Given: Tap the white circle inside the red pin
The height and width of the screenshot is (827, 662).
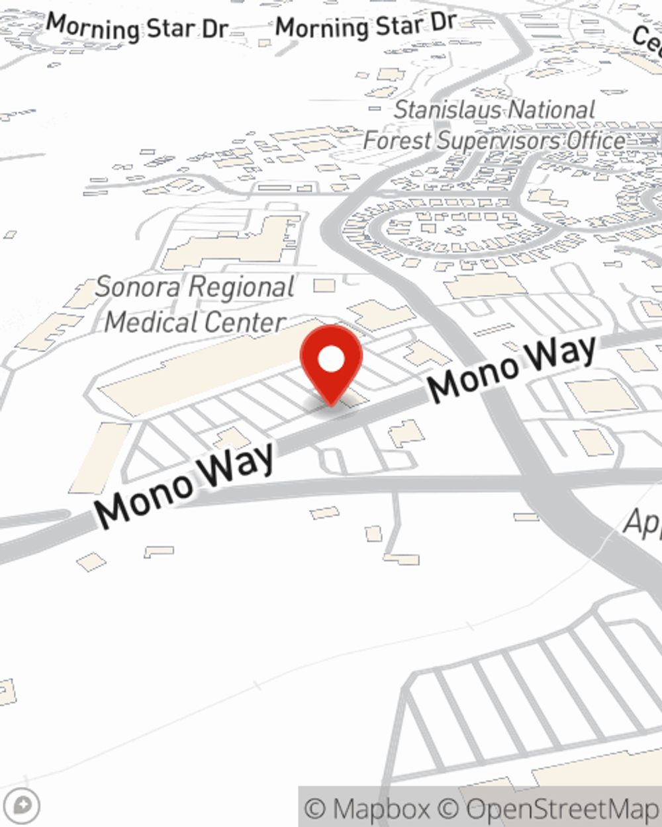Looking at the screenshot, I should [x=331, y=359].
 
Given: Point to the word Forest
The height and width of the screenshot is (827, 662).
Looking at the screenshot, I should [x=397, y=141].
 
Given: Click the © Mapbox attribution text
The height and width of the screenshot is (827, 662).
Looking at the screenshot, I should [x=366, y=808].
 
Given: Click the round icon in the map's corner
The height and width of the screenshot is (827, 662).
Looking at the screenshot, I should [x=22, y=806].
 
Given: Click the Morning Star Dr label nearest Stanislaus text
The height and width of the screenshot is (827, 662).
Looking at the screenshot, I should [x=365, y=26].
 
